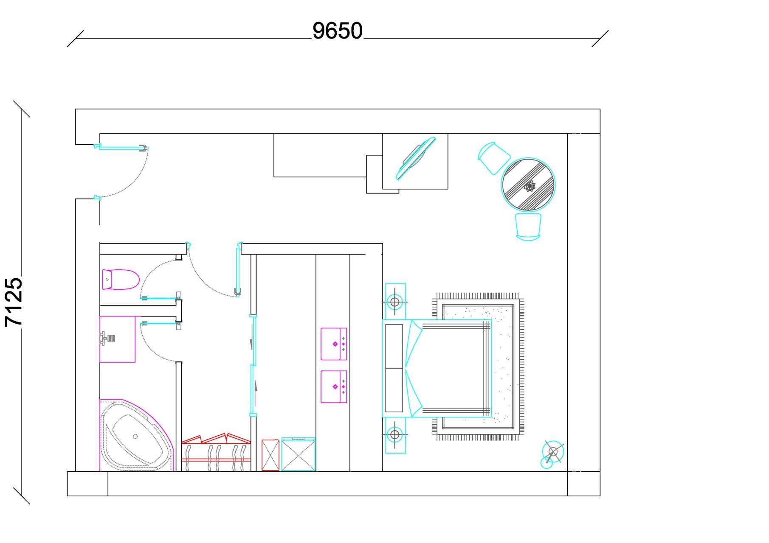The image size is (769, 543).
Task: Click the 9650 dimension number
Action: click(338, 31)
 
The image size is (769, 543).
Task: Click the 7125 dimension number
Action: click(14, 302)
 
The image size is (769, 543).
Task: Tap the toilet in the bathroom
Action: click(121, 279)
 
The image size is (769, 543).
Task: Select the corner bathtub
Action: click(137, 436)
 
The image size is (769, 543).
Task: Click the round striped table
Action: click(528, 185)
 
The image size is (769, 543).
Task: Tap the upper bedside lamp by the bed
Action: click(395, 302)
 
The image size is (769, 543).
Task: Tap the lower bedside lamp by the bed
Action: click(395, 435)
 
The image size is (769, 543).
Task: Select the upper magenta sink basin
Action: click(334, 344)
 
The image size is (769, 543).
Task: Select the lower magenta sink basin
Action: click(334, 387)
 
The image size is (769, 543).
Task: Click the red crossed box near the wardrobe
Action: click(270, 455)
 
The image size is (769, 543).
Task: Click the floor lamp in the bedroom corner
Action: click(552, 453)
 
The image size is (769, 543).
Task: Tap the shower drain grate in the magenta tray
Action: click(111, 339)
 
